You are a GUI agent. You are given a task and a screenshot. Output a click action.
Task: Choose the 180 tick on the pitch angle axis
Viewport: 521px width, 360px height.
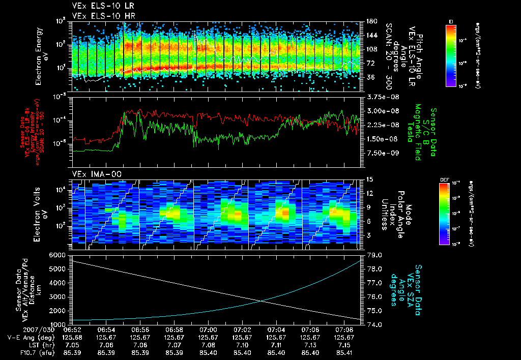[x=371, y=21]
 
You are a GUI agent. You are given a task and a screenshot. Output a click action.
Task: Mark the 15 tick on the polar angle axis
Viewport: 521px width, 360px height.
[x=369, y=179]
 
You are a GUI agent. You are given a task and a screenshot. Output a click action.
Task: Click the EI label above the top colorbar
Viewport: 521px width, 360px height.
[x=451, y=21]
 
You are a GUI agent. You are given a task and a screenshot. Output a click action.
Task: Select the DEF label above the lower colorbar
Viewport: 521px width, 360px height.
[x=451, y=179]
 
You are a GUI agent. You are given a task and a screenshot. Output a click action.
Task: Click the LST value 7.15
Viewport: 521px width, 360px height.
[x=343, y=345]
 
